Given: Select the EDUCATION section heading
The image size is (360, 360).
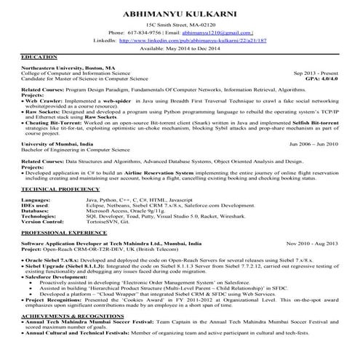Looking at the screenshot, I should pos(40,56).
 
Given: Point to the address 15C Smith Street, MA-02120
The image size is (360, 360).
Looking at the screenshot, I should pos(180,24).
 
